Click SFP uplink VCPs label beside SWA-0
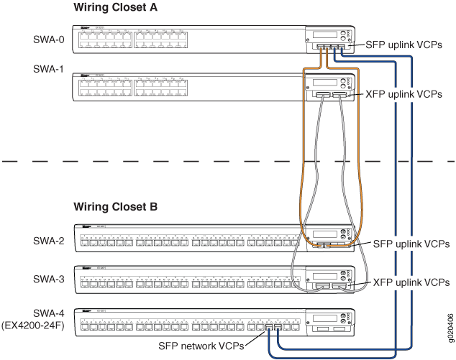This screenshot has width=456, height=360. click(403, 45)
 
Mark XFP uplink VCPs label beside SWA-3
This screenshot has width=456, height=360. click(411, 283)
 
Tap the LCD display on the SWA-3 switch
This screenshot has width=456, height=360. click(325, 274)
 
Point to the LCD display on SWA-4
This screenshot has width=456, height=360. click(325, 316)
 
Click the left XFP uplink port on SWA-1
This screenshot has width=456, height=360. click(322, 95)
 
